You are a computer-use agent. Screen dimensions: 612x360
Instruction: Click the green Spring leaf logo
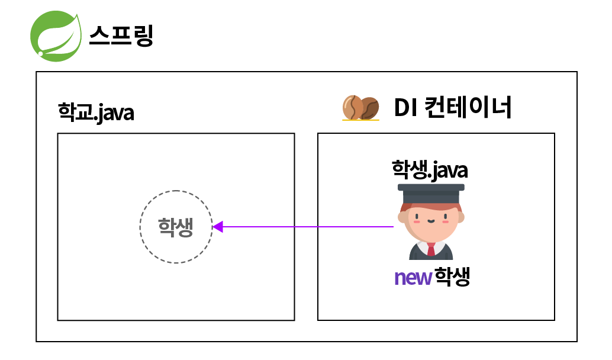(x=56, y=36)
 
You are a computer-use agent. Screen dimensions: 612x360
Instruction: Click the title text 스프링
(x=121, y=36)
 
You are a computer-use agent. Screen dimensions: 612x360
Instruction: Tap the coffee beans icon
(x=360, y=108)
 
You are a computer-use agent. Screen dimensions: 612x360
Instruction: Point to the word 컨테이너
(x=468, y=108)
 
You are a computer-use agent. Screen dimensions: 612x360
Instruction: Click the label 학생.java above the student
(x=430, y=170)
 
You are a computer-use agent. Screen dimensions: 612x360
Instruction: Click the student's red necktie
(x=431, y=249)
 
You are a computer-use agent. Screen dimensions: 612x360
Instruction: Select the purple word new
(x=412, y=277)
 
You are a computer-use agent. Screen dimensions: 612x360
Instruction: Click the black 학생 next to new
(x=452, y=277)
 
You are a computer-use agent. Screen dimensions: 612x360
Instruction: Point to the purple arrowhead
(x=217, y=227)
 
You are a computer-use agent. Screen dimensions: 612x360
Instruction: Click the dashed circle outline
(x=176, y=191)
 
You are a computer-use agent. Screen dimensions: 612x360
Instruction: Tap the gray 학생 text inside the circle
(x=175, y=227)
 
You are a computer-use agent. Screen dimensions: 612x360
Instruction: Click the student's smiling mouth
(x=431, y=222)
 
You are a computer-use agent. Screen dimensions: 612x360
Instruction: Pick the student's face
(x=431, y=219)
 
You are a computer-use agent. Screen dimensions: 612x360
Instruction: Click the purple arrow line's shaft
(x=308, y=227)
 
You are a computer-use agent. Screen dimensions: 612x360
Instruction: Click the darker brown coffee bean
(x=369, y=108)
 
